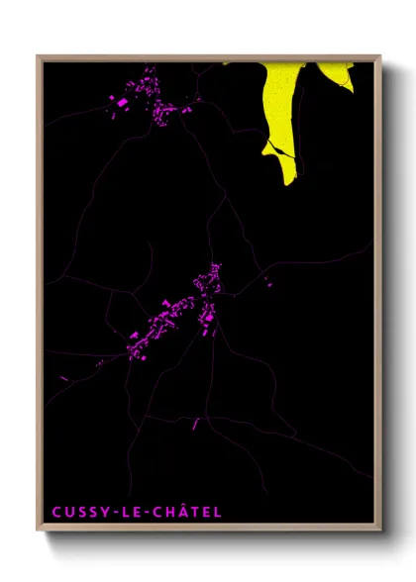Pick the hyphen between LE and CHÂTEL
[143, 513]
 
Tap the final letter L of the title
[218, 512]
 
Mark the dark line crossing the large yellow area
[278, 148]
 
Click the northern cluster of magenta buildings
[154, 96]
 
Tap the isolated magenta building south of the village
[195, 424]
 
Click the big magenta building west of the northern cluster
[122, 101]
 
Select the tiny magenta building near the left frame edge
[65, 377]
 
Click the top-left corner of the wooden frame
[39, 56]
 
